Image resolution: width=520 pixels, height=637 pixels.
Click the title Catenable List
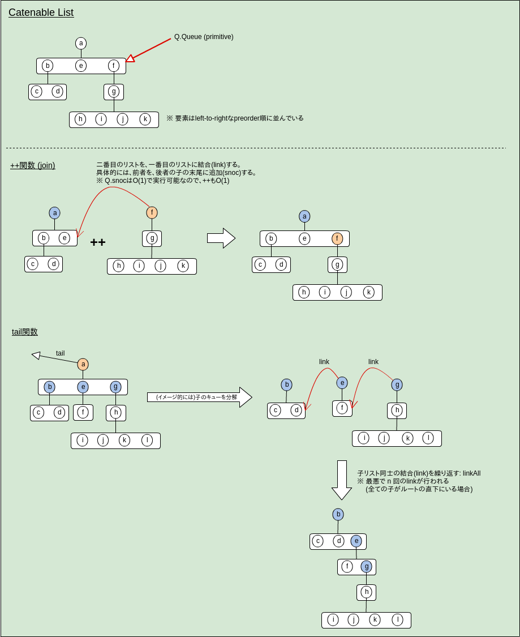click(x=41, y=12)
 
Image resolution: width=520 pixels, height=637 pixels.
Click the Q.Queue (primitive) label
click(x=204, y=37)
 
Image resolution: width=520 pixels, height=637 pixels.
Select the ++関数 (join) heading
click(x=32, y=165)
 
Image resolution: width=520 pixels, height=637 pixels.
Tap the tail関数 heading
click(x=25, y=332)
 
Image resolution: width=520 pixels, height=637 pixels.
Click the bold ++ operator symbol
click(x=98, y=242)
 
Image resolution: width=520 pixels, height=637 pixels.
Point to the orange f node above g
click(x=152, y=212)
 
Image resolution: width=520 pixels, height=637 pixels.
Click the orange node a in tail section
click(x=83, y=364)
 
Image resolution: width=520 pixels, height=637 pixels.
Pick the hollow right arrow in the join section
click(x=221, y=238)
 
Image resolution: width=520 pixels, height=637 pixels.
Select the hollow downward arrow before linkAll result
click(x=342, y=480)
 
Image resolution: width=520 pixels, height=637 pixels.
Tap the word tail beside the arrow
click(x=60, y=353)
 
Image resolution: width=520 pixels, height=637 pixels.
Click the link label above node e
click(x=324, y=362)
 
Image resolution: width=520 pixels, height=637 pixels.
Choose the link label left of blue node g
click(x=373, y=362)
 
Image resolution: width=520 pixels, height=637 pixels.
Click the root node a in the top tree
click(x=81, y=43)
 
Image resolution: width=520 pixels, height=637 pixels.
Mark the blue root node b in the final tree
click(x=338, y=514)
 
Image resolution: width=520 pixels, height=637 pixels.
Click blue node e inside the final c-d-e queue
click(x=356, y=541)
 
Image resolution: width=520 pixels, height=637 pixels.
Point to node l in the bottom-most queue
click(x=398, y=619)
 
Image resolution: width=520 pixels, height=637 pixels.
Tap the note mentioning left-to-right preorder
click(x=235, y=118)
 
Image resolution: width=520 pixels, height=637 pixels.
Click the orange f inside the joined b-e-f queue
click(x=337, y=238)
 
